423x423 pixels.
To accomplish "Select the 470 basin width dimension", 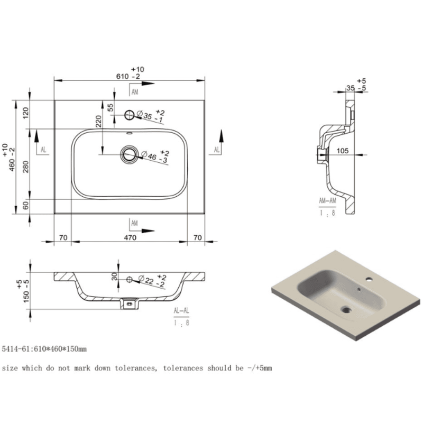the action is [x=130, y=237].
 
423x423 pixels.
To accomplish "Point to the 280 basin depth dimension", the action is [x=25, y=167].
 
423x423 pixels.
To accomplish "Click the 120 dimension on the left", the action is [x=25, y=113].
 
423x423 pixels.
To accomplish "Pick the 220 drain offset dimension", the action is [x=98, y=122].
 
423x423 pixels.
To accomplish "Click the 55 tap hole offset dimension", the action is [x=111, y=108].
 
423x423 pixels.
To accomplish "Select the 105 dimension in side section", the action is [x=342, y=151].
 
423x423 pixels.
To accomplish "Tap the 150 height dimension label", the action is [x=26, y=295].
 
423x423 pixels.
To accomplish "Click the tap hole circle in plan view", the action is [x=130, y=115].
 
